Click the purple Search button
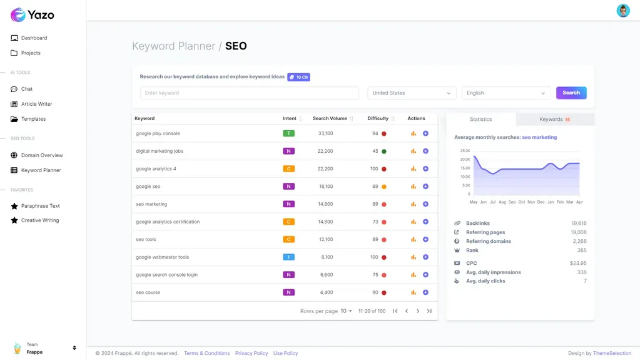coord(571,93)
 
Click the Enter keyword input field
coord(249,93)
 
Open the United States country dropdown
coord(412,93)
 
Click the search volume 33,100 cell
coord(325,133)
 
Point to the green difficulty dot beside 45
coord(383,151)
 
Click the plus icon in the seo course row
coord(425,292)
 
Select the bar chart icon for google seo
coord(414,187)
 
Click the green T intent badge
coord(288,133)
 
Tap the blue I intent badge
coord(288,257)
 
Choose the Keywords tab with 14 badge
coord(555,120)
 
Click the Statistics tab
coord(481,120)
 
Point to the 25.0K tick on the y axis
coord(465,151)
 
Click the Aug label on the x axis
coord(502,202)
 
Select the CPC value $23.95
coord(578,263)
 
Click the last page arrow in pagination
coord(429,311)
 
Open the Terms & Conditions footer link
coord(207,353)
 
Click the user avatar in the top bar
coord(623,11)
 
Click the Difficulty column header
coord(378,118)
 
